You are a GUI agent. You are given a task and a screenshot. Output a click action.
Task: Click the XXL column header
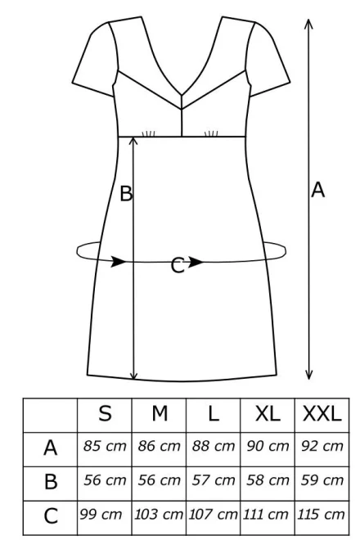[x=322, y=413]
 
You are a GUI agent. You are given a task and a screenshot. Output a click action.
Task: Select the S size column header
[x=105, y=413]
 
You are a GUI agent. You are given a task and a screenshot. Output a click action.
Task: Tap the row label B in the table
[x=51, y=481]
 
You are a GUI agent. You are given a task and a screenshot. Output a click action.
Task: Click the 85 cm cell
[x=105, y=446]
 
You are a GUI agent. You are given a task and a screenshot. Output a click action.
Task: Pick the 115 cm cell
[x=321, y=515]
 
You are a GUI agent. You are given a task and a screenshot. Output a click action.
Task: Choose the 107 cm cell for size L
[x=213, y=515]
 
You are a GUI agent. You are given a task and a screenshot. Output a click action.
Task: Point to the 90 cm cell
[x=268, y=446]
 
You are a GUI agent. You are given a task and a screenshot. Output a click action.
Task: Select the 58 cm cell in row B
[x=268, y=480]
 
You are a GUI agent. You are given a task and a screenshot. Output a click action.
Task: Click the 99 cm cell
[x=101, y=515]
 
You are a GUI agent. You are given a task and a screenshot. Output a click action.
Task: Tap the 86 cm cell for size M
[x=160, y=446]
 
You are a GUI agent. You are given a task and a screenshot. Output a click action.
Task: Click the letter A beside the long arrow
[x=317, y=190]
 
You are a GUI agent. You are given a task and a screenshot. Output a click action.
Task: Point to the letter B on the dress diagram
[x=126, y=194]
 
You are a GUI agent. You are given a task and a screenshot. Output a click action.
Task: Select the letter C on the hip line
[x=178, y=266]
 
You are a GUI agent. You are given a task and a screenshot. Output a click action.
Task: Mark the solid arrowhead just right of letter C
[x=196, y=262]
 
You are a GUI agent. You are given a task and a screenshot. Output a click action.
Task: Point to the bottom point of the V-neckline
[x=182, y=93]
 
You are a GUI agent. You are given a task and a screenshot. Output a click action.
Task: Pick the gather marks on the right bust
[x=211, y=133]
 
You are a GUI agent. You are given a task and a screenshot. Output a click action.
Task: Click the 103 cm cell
[x=159, y=515]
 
